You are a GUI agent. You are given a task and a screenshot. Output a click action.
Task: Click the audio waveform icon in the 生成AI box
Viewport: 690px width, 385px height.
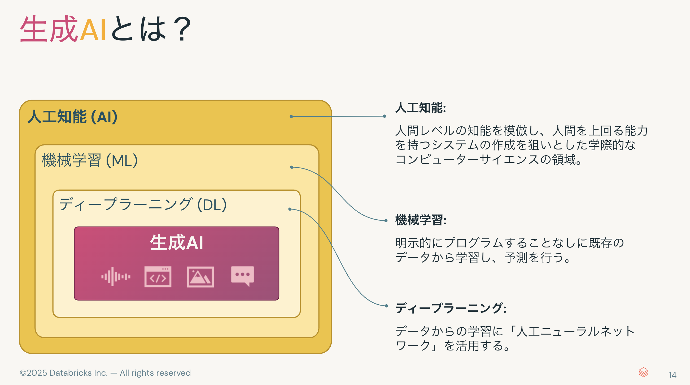(116, 277)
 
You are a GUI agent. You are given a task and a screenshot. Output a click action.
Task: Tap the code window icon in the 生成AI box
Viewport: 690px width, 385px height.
(158, 277)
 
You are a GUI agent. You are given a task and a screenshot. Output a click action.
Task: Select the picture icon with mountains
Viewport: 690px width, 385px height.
(200, 277)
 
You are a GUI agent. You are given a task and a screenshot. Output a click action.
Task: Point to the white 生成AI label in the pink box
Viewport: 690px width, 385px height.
(177, 243)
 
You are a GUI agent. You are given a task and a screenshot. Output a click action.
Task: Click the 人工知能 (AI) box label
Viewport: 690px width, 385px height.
(72, 117)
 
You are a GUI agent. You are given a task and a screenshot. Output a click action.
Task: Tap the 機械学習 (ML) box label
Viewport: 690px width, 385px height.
(90, 160)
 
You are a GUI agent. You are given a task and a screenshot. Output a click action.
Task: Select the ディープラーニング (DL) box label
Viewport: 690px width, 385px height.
(143, 204)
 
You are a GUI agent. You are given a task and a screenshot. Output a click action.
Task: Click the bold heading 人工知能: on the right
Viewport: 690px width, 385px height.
(421, 108)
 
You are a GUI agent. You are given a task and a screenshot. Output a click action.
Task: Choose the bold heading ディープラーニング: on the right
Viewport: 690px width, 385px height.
(451, 308)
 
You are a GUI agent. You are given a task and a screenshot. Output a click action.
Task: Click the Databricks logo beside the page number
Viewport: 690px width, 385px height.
(643, 372)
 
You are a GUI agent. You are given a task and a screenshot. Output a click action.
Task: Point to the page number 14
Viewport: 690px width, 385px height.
(672, 375)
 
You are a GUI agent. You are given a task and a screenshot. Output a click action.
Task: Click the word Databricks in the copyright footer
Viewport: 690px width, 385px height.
(71, 373)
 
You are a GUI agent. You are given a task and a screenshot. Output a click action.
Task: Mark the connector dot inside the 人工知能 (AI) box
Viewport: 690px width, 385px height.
(291, 117)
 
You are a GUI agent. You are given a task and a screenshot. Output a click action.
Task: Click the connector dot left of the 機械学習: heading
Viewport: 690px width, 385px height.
(386, 221)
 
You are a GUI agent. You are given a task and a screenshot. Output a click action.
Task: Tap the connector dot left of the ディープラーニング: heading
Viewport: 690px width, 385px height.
(386, 306)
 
